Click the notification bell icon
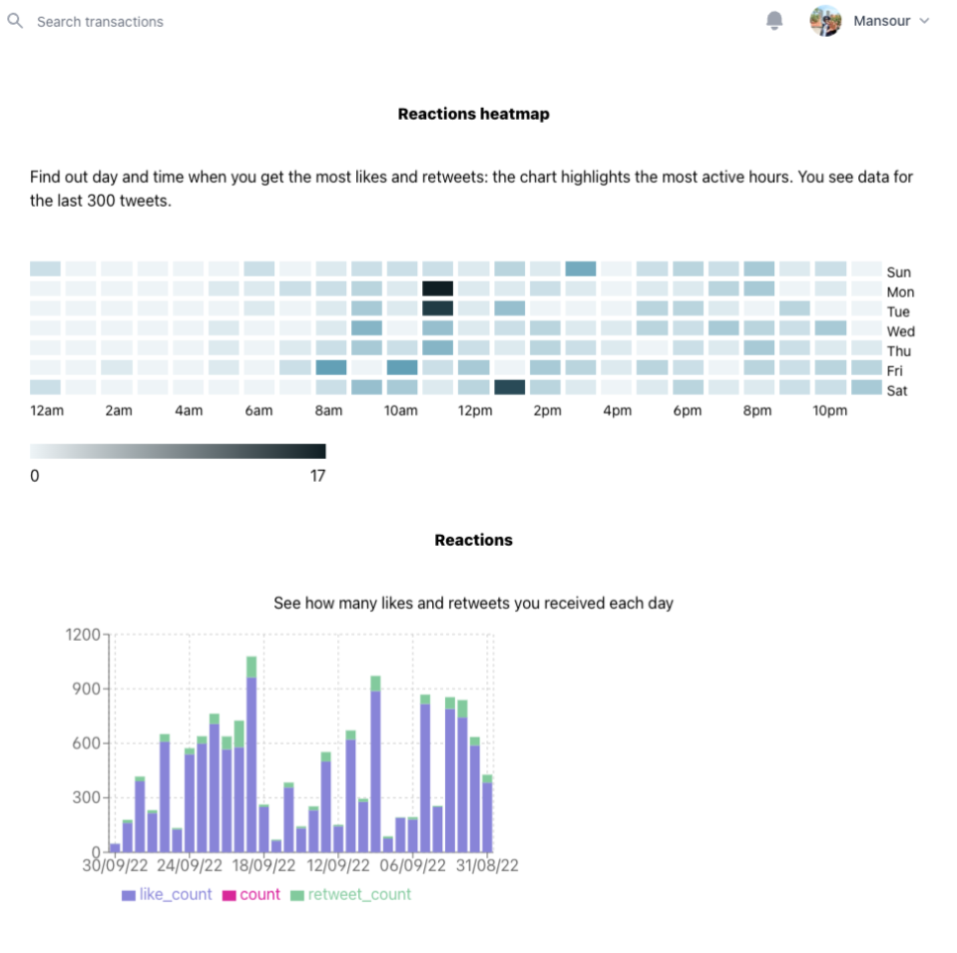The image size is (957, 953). coord(774,21)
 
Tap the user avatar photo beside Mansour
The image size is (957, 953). coord(825,21)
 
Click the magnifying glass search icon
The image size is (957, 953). coord(15,21)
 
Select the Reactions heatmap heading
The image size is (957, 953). coord(473,114)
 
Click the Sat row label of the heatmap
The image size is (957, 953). coord(897,390)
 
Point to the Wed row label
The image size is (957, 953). coord(900,331)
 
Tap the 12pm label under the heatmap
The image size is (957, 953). coord(473,411)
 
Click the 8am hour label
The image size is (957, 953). coord(328,411)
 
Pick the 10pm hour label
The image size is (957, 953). coord(830,411)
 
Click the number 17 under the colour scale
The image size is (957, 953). coord(317,476)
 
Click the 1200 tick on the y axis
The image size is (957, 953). coord(83,635)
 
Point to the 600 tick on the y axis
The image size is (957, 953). coord(87,743)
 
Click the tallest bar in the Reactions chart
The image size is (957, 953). coord(251,758)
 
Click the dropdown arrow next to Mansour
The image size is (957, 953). coord(924,21)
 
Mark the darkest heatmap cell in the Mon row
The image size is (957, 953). coord(437,288)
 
